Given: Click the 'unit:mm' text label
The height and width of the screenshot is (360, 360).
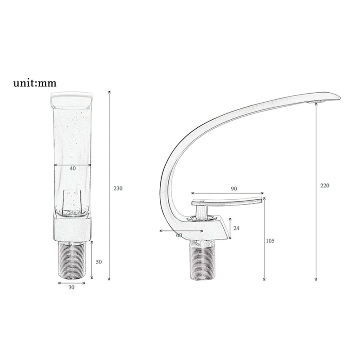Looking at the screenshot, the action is click(x=35, y=83).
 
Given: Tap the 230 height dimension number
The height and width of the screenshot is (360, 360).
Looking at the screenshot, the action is click(x=118, y=189).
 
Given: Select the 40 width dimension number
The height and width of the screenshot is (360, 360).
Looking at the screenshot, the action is click(x=72, y=168).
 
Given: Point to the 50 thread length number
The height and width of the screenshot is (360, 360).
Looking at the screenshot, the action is click(x=99, y=262).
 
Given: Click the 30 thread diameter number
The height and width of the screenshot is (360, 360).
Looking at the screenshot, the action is click(x=72, y=287).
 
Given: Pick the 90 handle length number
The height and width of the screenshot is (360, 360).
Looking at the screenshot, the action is click(x=234, y=189).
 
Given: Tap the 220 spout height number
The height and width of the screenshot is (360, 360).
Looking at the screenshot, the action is click(x=324, y=185).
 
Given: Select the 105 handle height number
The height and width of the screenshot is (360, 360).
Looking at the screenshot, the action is click(x=270, y=241).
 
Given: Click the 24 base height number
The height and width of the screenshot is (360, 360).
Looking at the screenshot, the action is click(x=236, y=228).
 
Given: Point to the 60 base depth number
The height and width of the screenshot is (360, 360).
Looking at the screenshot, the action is click(x=179, y=235).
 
